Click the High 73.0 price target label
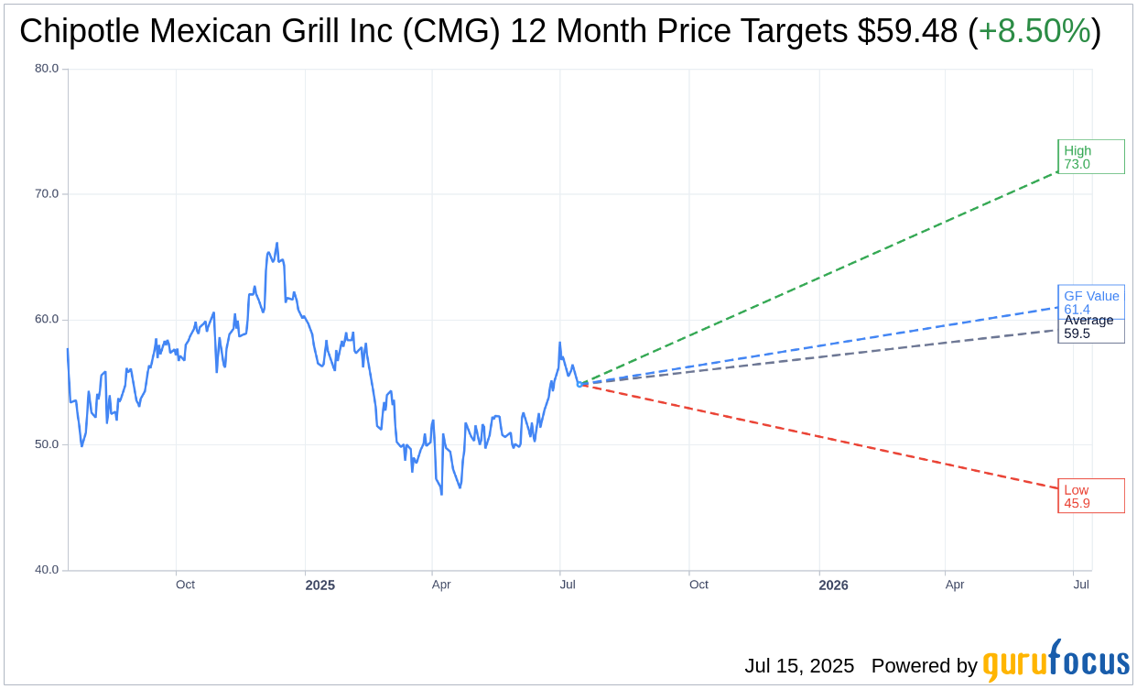point(1090,157)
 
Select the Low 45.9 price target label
point(1090,496)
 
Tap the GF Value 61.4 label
point(1091,301)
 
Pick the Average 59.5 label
point(1089,327)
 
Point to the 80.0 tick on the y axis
point(47,68)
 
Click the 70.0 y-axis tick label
point(47,193)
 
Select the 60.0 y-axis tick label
point(47,319)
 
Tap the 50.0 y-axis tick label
point(47,444)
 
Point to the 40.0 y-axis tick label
point(47,570)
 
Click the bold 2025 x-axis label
point(320,585)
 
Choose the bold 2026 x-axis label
point(833,585)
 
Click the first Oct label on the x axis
point(185,585)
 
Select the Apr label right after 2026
point(955,585)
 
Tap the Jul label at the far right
point(1081,585)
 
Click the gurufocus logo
point(1056,662)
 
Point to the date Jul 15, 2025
point(799,666)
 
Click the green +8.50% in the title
point(1034,31)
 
